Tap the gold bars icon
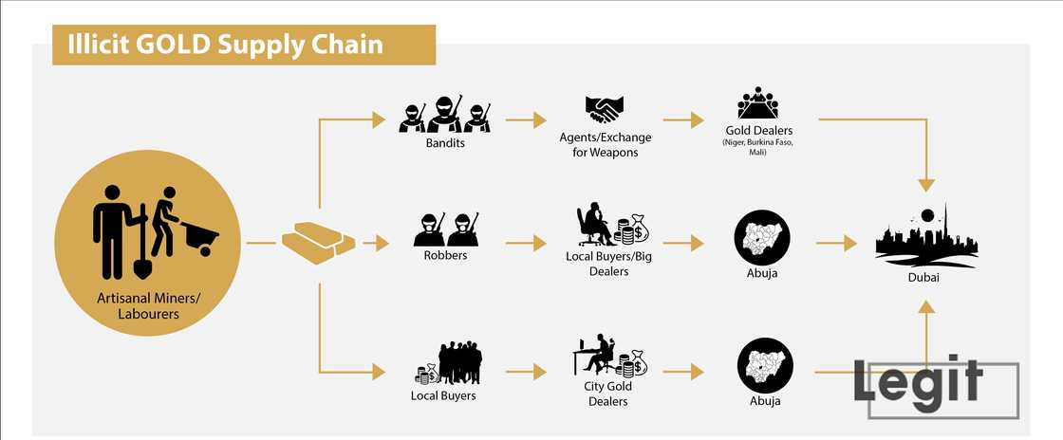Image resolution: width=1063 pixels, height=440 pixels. point(317,241)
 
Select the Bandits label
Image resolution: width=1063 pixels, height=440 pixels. point(444,145)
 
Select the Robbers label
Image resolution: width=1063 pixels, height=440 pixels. point(444,255)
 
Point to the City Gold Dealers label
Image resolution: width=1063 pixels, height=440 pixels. point(609,394)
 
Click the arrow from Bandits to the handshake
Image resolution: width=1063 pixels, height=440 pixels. point(526,120)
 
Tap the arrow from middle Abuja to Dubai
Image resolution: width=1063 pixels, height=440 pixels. point(836,244)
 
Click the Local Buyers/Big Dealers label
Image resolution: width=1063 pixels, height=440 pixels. point(609,264)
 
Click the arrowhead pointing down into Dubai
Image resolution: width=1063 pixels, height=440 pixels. point(925,185)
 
